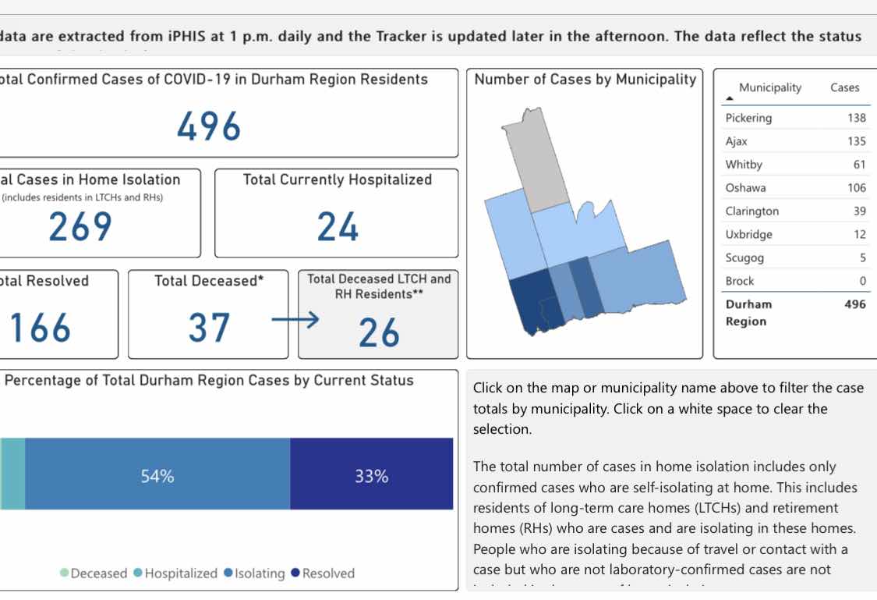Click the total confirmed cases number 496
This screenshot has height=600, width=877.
209,126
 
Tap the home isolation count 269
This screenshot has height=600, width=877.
80,227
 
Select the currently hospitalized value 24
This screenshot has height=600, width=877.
338,227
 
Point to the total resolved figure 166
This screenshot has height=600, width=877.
41,328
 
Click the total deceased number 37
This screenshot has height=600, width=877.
209,328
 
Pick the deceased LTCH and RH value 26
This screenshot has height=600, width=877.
379,333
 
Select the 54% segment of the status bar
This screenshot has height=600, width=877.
157,476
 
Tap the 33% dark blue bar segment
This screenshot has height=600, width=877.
371,476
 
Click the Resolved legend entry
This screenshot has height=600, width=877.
328,573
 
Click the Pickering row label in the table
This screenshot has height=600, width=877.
748,118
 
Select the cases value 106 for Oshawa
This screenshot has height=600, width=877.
857,187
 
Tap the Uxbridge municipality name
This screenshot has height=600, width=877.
751,234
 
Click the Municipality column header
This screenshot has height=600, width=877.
769,87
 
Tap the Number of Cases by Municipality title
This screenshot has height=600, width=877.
585,79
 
